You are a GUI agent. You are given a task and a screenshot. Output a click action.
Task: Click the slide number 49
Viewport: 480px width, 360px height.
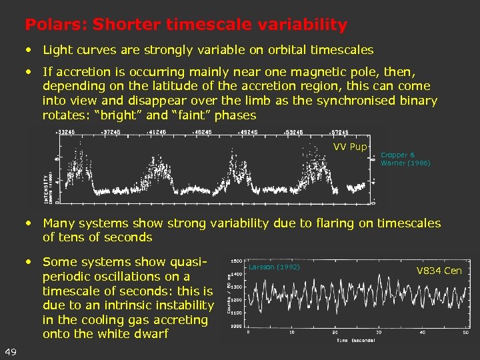click(x=11, y=352)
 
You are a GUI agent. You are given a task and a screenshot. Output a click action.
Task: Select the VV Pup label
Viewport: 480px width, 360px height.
click(x=349, y=147)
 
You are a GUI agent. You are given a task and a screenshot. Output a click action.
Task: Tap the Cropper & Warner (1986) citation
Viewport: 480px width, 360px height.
click(x=405, y=159)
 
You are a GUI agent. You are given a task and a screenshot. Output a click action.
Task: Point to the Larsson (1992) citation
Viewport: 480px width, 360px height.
click(x=274, y=267)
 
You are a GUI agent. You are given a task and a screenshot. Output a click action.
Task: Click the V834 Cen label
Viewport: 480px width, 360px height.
click(x=439, y=271)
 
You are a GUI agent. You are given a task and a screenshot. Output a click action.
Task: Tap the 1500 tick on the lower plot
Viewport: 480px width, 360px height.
click(x=237, y=261)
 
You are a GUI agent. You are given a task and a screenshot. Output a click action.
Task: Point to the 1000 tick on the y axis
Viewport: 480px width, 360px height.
click(x=237, y=327)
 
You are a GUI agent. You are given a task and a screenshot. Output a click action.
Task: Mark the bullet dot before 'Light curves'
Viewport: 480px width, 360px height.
click(x=30, y=50)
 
